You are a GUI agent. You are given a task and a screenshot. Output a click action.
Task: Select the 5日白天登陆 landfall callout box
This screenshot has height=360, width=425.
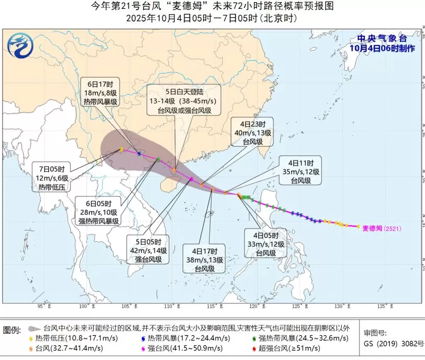coord(183,99)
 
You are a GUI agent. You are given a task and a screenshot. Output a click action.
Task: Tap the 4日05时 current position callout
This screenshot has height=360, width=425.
coord(265,244)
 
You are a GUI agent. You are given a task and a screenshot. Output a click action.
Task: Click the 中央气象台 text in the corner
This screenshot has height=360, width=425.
coord(382,38)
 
